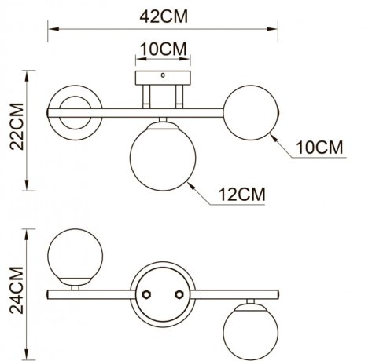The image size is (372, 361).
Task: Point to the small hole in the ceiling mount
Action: click(x=162, y=77)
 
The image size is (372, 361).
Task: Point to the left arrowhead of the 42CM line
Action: click(x=50, y=31)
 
